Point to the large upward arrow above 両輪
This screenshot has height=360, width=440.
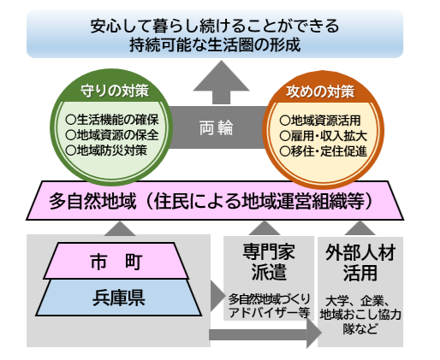point(215,86)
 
